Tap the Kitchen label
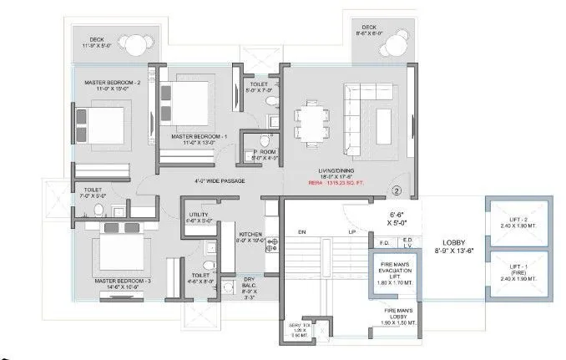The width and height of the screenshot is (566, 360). tap(251, 236)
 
